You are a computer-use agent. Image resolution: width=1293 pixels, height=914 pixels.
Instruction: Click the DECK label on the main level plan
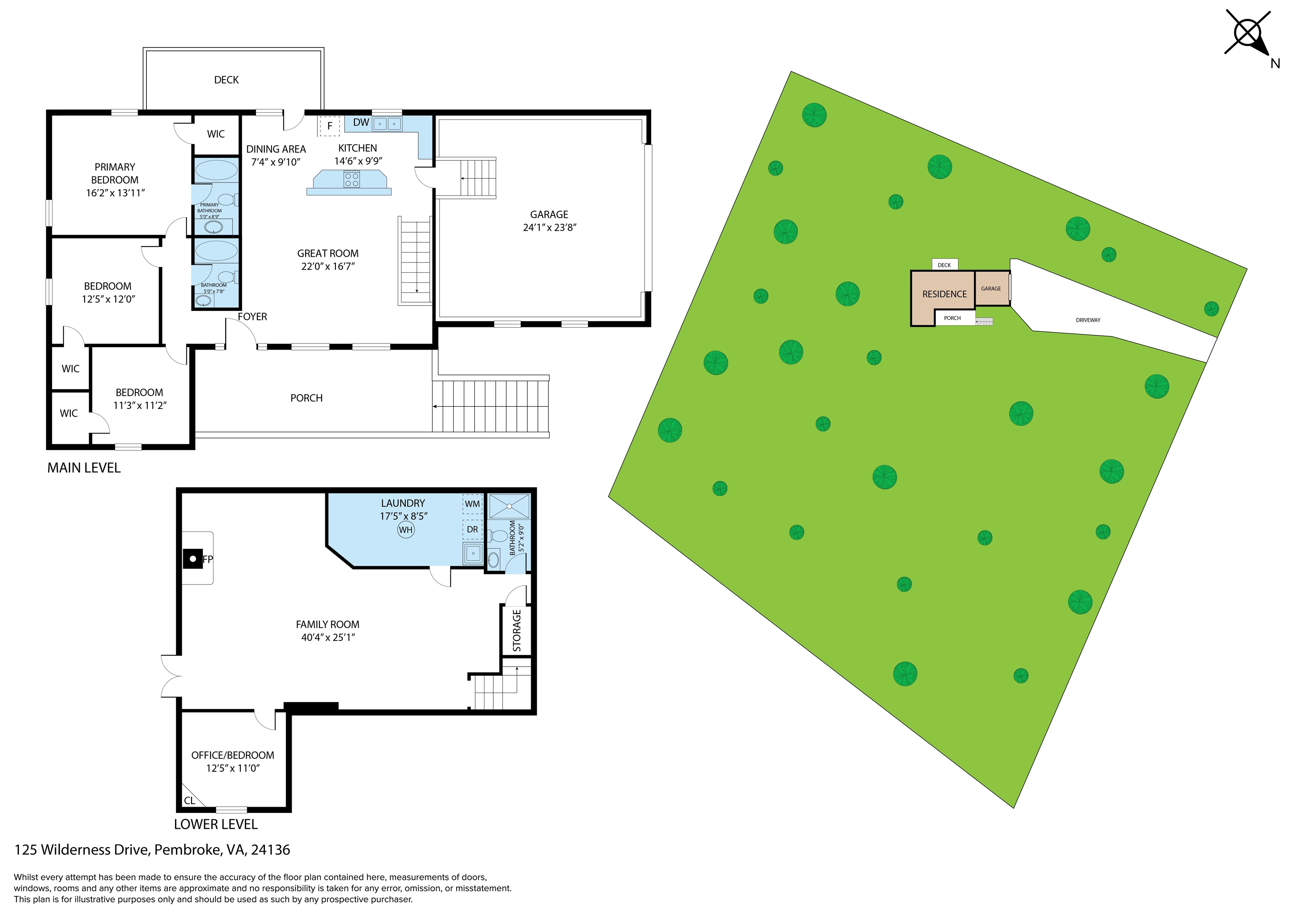click(226, 80)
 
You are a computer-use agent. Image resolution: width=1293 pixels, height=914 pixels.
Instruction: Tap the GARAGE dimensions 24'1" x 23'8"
click(549, 228)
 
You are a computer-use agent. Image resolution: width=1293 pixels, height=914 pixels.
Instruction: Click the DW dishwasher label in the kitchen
click(361, 122)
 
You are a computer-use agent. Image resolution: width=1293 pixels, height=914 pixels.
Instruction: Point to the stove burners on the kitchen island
click(351, 180)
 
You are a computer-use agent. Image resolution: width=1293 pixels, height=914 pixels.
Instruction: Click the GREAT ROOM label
click(328, 253)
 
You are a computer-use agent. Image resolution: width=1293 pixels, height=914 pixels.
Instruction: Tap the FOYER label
click(252, 316)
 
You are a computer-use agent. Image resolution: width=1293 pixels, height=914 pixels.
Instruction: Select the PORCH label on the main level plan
click(306, 398)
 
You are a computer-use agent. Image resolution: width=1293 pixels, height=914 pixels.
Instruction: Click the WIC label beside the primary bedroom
click(215, 134)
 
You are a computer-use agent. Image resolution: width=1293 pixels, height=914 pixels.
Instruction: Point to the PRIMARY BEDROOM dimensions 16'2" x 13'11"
click(115, 193)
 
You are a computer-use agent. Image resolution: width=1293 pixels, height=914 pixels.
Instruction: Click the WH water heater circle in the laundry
click(405, 530)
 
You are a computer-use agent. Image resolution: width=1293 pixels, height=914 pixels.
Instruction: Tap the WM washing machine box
click(472, 504)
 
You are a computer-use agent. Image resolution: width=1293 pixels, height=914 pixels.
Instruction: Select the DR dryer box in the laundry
click(472, 529)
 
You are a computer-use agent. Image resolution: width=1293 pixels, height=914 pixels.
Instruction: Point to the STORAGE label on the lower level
click(516, 630)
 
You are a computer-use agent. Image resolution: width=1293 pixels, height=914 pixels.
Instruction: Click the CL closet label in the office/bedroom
click(189, 800)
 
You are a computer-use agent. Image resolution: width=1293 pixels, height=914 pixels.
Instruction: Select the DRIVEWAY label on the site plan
click(1088, 320)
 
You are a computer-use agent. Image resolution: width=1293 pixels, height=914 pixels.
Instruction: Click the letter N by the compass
click(1275, 64)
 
